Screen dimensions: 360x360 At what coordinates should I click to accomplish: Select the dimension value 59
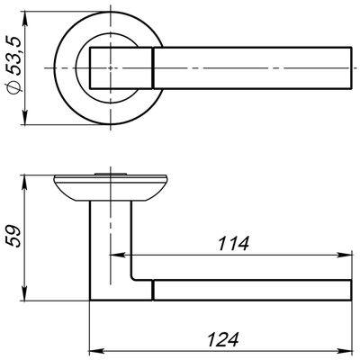[x=13, y=236]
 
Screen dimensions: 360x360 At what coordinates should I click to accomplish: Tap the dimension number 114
[x=233, y=243]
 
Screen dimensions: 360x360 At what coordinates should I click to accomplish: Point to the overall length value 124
[x=223, y=339]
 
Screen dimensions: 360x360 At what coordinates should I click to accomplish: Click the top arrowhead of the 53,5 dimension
[x=25, y=19]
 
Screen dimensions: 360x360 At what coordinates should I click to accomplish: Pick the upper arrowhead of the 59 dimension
[x=25, y=182]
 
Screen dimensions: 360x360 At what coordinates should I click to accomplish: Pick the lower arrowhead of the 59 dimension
[x=25, y=293]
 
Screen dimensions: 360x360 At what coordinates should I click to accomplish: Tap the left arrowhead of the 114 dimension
[x=118, y=256]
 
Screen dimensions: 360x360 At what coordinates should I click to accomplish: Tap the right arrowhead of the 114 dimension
[x=344, y=256]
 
